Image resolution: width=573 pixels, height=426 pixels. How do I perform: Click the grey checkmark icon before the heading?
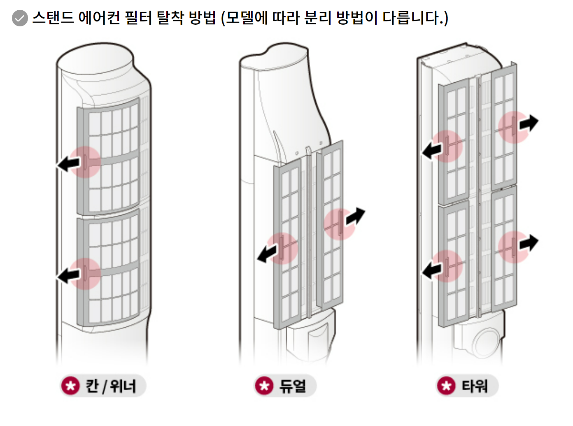tap(20, 18)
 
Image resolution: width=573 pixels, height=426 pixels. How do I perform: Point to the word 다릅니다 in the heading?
tap(413, 18)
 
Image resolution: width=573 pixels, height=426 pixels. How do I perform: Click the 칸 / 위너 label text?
tap(110, 386)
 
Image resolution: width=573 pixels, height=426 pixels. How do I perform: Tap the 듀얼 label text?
tap(293, 386)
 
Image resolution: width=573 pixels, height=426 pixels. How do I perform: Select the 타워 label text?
tap(475, 386)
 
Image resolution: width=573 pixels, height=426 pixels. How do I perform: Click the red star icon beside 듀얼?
tap(264, 386)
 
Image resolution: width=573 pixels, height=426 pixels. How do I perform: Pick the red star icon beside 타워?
tap(446, 386)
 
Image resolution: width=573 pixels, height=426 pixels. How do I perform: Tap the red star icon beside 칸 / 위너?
tap(70, 386)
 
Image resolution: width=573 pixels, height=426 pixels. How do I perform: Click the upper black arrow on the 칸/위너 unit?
tap(68, 164)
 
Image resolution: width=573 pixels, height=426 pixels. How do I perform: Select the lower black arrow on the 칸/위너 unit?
tap(68, 275)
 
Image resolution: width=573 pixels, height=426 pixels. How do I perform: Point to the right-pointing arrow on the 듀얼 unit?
tap(355, 216)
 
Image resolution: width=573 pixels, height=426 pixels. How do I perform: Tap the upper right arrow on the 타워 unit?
tap(529, 123)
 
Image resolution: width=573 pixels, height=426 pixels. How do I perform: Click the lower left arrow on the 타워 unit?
tap(432, 270)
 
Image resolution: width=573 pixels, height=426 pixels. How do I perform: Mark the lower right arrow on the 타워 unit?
tap(529, 243)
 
